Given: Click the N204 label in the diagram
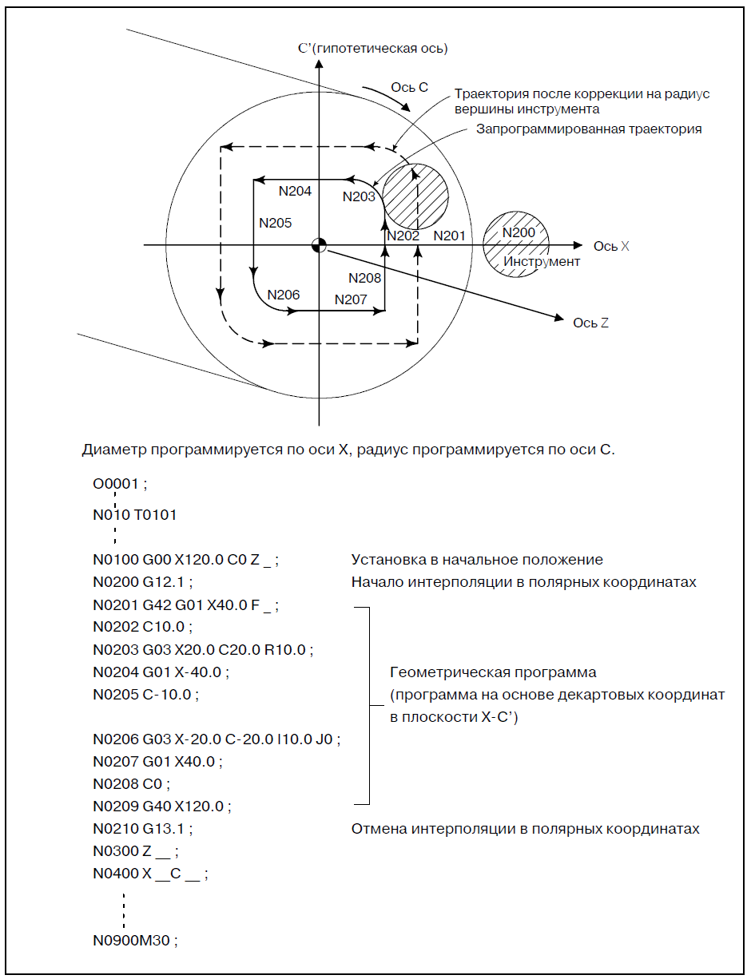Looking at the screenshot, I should (295, 192).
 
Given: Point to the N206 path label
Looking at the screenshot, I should (284, 295).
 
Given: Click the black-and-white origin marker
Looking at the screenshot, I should (319, 245).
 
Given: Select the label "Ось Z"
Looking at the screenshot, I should (591, 323).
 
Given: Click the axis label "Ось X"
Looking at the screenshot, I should (611, 246).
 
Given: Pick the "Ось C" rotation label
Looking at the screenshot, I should (410, 86).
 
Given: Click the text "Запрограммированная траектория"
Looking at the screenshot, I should (589, 129).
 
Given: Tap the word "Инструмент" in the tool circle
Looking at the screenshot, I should (542, 261).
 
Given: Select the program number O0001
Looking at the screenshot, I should (121, 485).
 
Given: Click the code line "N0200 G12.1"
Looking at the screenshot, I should (143, 582).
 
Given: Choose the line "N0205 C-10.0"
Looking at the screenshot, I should (145, 694).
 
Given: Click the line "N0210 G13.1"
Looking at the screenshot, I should (143, 828).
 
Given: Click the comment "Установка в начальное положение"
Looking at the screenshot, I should (477, 560).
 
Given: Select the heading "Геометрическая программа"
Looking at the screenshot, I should (493, 672).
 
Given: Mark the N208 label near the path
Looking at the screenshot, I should (365, 278).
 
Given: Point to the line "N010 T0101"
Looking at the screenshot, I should (134, 515).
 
